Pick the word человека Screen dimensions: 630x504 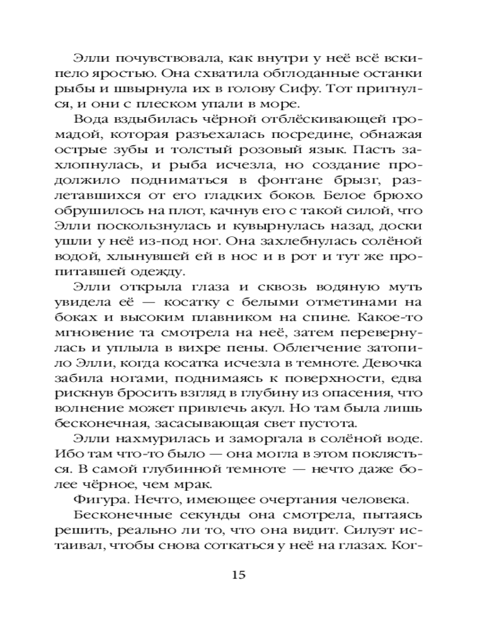click(x=374, y=501)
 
